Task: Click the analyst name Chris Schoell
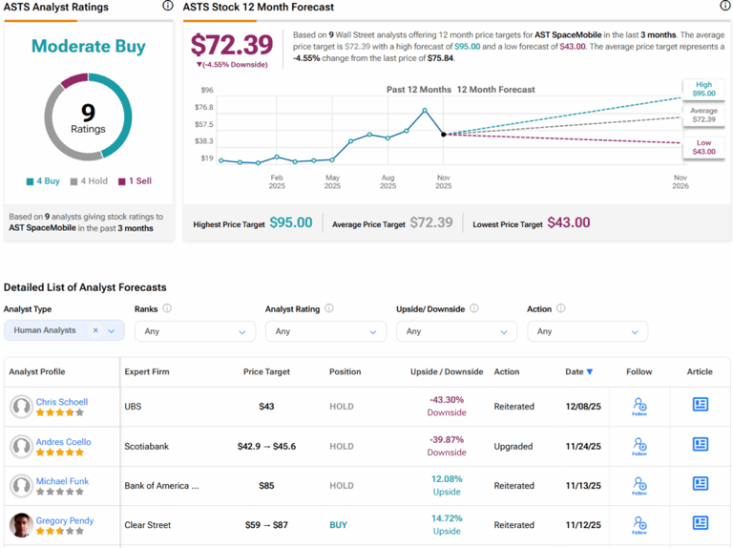62,402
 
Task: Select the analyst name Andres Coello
64,441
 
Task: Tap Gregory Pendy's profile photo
21,525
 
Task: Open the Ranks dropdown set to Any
195,331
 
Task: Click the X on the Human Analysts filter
95,330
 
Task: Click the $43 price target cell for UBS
266,407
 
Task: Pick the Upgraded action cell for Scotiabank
513,446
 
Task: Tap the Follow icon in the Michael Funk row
639,485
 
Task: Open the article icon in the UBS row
700,406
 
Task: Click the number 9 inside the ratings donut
88,113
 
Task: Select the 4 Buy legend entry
43,181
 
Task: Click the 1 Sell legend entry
135,181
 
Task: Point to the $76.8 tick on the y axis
205,107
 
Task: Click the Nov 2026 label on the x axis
680,181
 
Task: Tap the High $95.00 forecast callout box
702,89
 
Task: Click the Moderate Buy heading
88,46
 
